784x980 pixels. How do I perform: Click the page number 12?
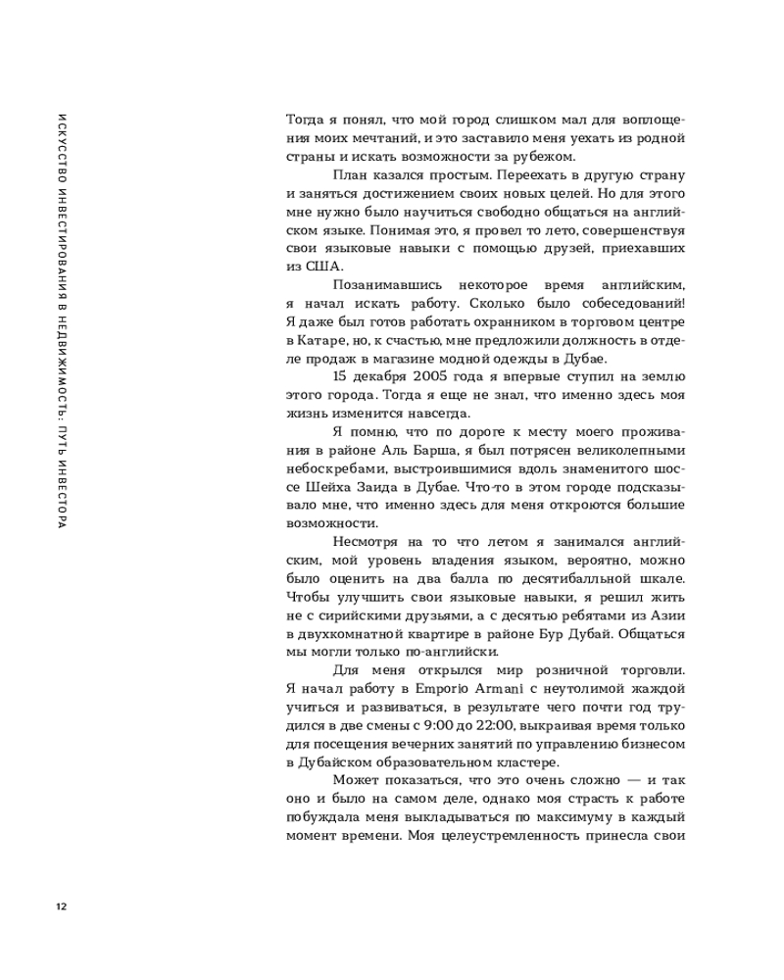[x=61, y=905]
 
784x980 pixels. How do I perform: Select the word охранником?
[x=487, y=321]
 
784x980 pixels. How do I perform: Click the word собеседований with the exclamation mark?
[x=630, y=303]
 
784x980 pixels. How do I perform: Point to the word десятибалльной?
[x=587, y=578]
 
